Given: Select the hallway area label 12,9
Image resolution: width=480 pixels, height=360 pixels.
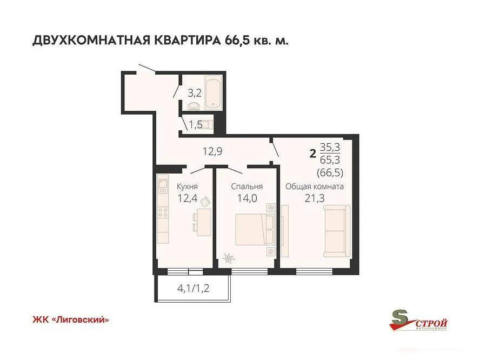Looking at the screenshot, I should [x=212, y=151].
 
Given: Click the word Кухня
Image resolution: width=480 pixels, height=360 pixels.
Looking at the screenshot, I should [x=187, y=186].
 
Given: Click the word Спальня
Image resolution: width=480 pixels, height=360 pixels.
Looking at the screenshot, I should [x=247, y=186].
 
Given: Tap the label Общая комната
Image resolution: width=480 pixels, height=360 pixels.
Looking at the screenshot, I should [x=315, y=186].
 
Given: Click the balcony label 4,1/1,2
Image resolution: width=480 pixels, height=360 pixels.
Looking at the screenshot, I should [x=193, y=288].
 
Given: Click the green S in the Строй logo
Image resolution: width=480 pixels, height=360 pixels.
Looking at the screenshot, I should [x=401, y=318].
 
